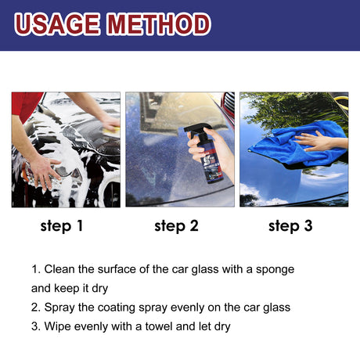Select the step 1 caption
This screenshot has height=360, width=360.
62,227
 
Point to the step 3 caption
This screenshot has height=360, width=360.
290,227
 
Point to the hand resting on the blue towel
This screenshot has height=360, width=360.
321,142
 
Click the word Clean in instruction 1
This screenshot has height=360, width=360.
61,269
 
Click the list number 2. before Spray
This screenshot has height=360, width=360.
36,308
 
